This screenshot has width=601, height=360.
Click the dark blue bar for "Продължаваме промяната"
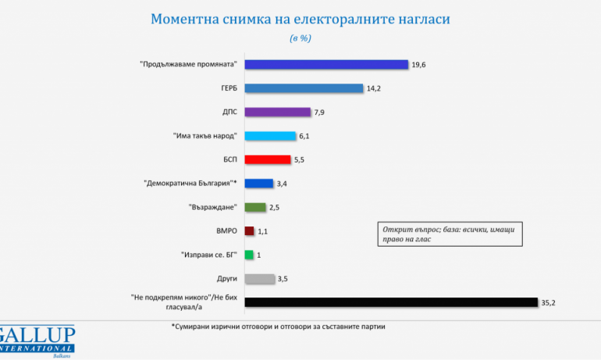tap(326, 65)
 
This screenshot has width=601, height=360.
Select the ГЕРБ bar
tap(304, 88)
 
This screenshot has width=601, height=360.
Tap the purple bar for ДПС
tap(277, 112)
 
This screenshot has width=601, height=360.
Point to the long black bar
tap(391, 302)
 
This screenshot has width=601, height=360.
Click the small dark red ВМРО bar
tap(250, 231)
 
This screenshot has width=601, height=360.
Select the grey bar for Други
tap(260, 278)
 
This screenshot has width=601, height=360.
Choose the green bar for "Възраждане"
tap(256, 207)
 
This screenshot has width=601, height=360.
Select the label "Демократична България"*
tap(190, 184)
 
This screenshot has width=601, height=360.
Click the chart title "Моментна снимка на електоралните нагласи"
tap(300, 19)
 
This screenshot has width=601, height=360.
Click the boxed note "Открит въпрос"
tap(450, 233)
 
